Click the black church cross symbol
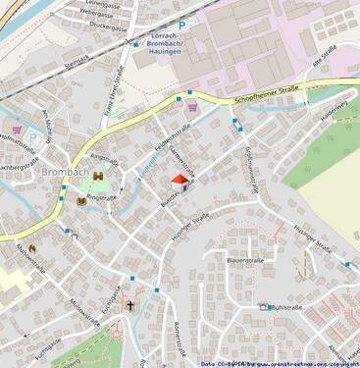[x=130, y=305]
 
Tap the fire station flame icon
[x=31, y=250]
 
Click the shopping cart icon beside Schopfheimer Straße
[x=192, y=109]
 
